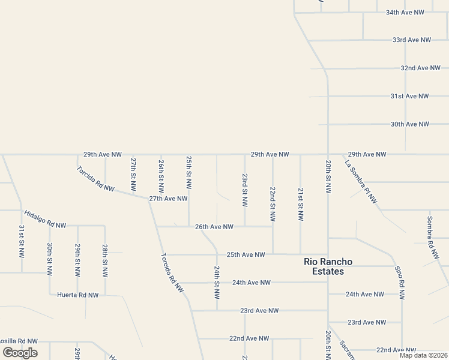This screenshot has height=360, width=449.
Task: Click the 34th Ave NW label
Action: click(x=405, y=12)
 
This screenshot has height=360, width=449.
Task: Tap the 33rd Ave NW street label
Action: click(x=412, y=40)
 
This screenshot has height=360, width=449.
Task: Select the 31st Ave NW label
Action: click(x=409, y=96)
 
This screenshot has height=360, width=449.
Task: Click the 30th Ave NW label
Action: click(x=409, y=124)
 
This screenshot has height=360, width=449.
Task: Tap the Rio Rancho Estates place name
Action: click(x=328, y=266)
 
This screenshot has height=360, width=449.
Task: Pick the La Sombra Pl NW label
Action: click(x=361, y=181)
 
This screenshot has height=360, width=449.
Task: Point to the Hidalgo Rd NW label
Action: click(x=45, y=220)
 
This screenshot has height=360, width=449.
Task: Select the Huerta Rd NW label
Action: click(x=77, y=295)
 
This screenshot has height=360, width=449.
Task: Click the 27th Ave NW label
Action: click(x=169, y=198)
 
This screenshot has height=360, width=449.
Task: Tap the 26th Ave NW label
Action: click(x=214, y=227)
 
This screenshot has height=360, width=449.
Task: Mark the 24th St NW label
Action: click(x=217, y=283)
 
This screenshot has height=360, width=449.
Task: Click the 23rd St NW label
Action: click(x=245, y=191)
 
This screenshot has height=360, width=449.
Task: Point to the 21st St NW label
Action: click(x=301, y=203)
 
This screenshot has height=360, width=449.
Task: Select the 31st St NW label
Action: click(x=22, y=242)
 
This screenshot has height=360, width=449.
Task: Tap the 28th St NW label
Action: click(x=105, y=260)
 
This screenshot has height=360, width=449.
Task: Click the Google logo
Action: click(x=20, y=352)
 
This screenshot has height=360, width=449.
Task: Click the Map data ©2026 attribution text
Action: click(x=423, y=355)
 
